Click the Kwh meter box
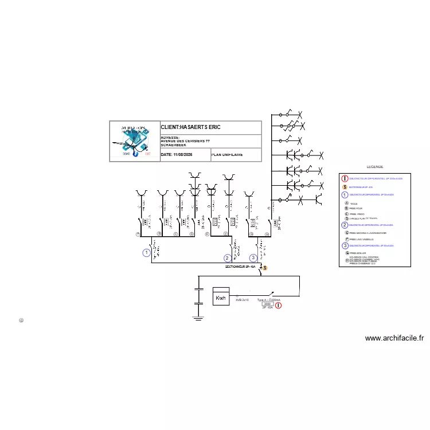(x=221, y=296)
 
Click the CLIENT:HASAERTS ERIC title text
(x=190, y=127)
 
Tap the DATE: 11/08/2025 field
(x=177, y=155)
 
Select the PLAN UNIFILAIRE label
(x=227, y=155)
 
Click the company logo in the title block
(x=135, y=141)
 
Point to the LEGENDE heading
(x=375, y=166)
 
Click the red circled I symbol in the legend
(x=345, y=179)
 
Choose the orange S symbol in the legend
(x=345, y=187)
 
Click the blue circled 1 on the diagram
(x=147, y=252)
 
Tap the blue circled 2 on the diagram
(x=228, y=258)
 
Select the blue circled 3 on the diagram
(x=253, y=258)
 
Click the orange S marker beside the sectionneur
(x=265, y=268)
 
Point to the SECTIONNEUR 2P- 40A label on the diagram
(x=241, y=267)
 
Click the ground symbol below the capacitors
(x=198, y=318)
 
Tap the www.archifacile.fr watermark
(x=394, y=338)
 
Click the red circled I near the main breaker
(x=279, y=306)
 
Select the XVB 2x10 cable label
(x=242, y=300)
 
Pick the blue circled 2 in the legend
(x=345, y=225)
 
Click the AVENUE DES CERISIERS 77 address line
(x=185, y=141)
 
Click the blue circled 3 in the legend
(x=345, y=245)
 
